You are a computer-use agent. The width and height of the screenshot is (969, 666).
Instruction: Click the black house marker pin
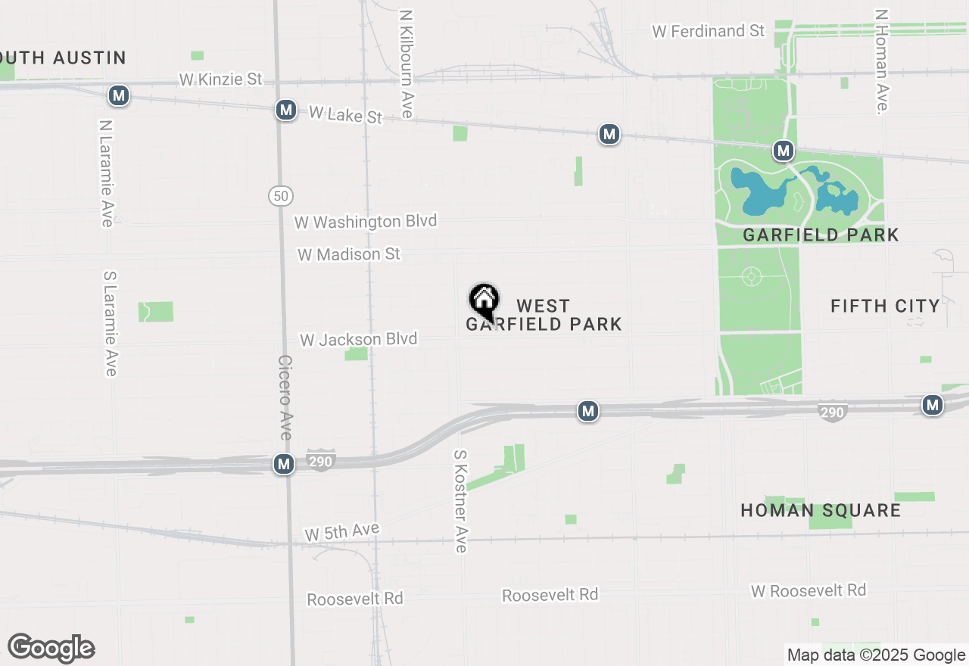[484, 301]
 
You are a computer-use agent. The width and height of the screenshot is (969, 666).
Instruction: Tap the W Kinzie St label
[220, 79]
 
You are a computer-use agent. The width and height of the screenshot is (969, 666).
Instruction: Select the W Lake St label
[345, 115]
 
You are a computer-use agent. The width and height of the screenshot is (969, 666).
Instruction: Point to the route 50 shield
[280, 196]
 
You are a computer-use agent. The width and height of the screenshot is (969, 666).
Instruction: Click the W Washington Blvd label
[366, 222]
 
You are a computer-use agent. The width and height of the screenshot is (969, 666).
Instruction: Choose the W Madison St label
[348, 254]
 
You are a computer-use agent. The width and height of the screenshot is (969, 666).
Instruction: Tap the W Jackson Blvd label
[358, 339]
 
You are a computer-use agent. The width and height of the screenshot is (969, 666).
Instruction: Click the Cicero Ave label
[285, 397]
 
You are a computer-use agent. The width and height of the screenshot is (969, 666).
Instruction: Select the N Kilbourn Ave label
[406, 64]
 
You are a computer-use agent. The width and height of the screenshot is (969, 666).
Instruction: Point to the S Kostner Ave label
[460, 501]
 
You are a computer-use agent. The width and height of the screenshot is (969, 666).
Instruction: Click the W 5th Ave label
[341, 532]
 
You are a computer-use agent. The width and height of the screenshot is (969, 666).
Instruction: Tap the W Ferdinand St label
[709, 31]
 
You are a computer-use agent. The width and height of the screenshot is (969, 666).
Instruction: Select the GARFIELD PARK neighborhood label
[821, 235]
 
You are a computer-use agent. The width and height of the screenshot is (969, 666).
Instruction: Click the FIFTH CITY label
[885, 306]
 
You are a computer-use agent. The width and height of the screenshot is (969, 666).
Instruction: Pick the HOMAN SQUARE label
[821, 510]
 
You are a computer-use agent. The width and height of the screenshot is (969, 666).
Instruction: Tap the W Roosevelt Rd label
[809, 590]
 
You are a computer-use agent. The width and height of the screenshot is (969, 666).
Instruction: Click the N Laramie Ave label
[106, 173]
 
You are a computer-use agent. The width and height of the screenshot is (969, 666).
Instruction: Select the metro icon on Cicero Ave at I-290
[284, 464]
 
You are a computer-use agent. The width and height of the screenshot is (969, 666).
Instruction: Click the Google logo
[51, 648]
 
